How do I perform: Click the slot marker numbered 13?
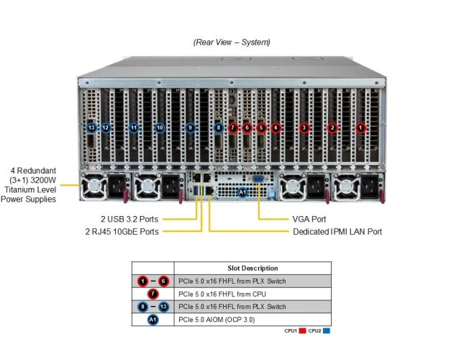coord(91,127)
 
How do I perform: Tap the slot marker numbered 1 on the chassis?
coord(361,127)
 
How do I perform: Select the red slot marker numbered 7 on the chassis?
coord(232,127)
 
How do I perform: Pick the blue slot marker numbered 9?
coord(190,127)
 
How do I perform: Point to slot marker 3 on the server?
coord(304,127)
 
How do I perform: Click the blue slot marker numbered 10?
coord(160,127)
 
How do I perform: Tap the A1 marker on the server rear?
coord(242,192)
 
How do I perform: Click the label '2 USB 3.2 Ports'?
coord(129,219)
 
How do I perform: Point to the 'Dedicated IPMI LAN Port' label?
coord(337,232)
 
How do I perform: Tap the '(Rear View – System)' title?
coord(232,42)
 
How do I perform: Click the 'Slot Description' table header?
coord(253,268)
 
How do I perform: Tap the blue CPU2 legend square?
coord(327,331)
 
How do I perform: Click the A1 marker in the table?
coord(152,319)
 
